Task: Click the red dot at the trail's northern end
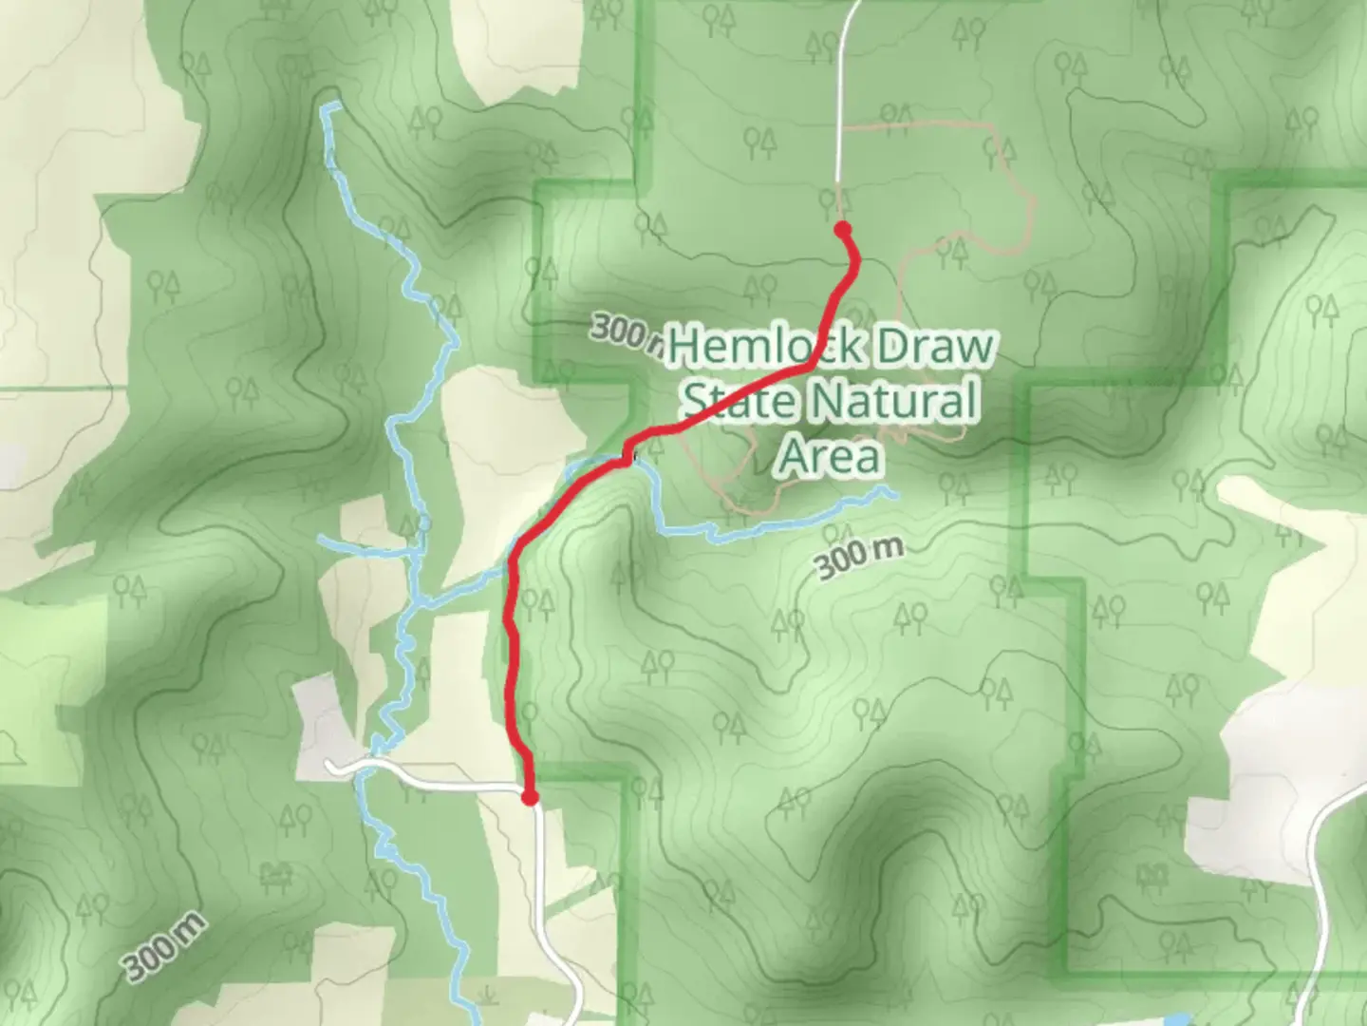click(842, 228)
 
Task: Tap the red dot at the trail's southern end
click(530, 797)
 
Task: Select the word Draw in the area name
click(932, 346)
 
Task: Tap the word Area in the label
click(829, 456)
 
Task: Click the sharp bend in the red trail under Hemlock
click(812, 363)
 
